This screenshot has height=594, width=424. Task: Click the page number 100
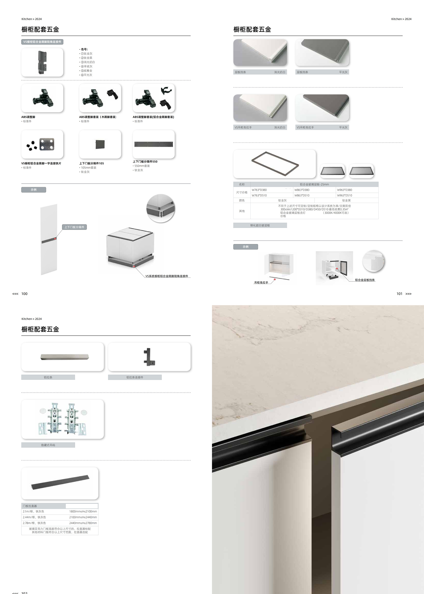click(24, 294)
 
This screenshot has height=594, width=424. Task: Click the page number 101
click(399, 294)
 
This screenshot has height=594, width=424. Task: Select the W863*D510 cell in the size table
click(302, 195)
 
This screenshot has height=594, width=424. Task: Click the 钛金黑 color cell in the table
click(346, 201)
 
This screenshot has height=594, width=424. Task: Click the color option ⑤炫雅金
click(86, 71)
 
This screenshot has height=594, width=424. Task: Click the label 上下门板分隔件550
click(145, 162)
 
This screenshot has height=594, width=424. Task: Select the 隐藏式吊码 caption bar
click(48, 445)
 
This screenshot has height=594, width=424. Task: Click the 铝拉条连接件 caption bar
click(135, 377)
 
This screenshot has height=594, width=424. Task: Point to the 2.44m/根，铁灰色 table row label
click(34, 517)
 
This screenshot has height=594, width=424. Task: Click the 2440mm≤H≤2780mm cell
click(83, 523)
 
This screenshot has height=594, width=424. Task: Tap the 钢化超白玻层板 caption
click(260, 225)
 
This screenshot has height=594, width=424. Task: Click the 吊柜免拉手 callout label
click(261, 283)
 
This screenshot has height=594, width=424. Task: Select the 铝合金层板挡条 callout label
click(365, 280)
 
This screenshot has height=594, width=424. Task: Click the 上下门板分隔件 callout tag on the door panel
click(74, 227)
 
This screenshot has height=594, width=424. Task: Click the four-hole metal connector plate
click(47, 144)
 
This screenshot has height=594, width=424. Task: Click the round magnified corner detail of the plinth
click(161, 208)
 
